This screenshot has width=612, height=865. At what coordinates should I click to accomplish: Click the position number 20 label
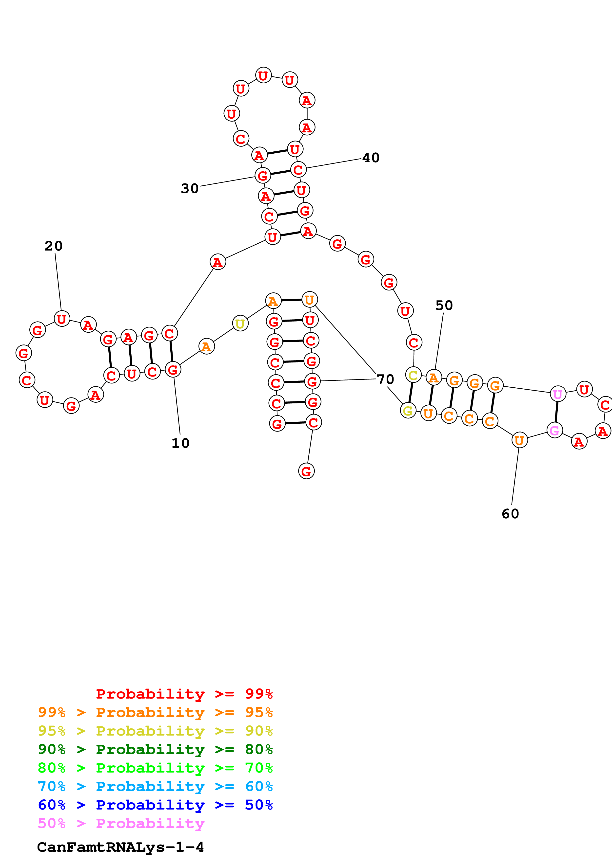coord(54,246)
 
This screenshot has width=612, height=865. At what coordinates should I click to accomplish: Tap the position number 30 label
coord(190,188)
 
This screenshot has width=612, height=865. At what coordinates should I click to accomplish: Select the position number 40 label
coord(371,158)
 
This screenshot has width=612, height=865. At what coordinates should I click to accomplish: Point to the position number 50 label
coord(444,305)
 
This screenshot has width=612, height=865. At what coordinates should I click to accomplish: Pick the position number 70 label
coord(385,379)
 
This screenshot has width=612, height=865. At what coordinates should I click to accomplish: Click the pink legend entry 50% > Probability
coord(121,823)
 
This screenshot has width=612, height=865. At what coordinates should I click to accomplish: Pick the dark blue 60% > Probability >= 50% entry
coord(155,805)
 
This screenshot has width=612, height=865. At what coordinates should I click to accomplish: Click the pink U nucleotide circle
coord(558,394)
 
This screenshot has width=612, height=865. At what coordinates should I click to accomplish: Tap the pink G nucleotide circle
coord(554,430)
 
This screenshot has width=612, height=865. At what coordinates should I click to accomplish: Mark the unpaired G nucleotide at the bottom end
coord(306,471)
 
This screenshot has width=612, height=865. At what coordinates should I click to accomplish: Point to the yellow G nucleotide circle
coord(408,411)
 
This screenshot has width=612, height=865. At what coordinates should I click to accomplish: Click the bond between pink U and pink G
coord(556,412)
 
